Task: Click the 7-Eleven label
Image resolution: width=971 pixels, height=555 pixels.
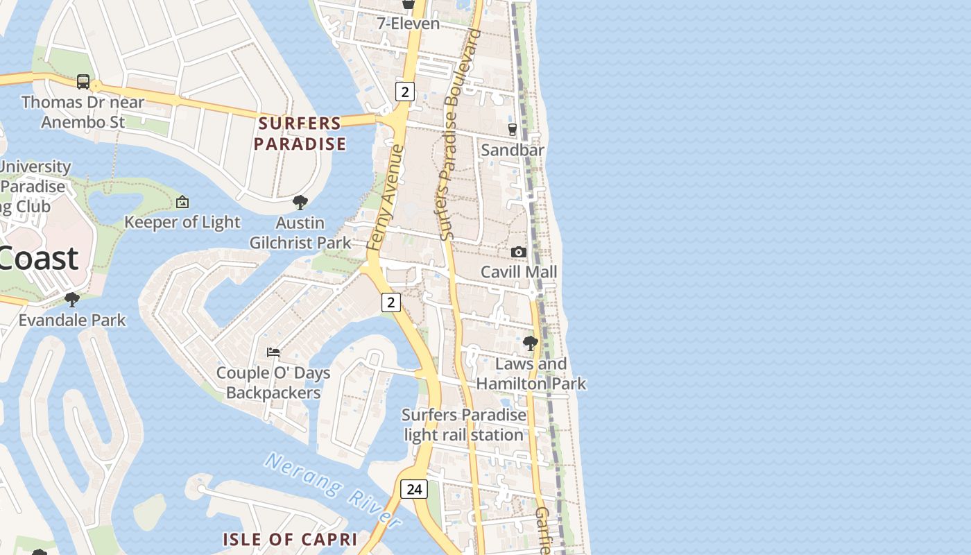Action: (x=408, y=24)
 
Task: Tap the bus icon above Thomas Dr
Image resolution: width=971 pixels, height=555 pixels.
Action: (x=83, y=82)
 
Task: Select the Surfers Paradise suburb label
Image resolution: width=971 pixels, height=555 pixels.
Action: (x=300, y=134)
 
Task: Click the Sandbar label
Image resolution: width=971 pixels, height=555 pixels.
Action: (x=513, y=150)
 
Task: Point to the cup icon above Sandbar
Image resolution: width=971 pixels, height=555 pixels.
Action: (x=513, y=129)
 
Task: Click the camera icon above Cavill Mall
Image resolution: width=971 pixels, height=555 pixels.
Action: (x=519, y=252)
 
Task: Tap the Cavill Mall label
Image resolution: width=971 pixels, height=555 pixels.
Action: (x=519, y=272)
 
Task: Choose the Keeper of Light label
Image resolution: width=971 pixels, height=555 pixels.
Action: (x=182, y=222)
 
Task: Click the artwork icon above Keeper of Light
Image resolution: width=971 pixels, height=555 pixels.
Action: (x=182, y=202)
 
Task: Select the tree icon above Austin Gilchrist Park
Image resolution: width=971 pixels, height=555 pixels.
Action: (x=300, y=203)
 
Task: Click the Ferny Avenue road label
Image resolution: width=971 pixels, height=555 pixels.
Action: (x=384, y=198)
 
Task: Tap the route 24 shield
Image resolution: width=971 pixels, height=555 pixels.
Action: (x=414, y=489)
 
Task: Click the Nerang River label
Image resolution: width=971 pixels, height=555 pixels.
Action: (x=333, y=490)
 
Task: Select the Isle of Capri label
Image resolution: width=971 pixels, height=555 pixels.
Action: (x=290, y=539)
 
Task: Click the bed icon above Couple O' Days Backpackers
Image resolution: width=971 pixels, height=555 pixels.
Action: (x=273, y=352)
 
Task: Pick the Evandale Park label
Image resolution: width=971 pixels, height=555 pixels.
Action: (x=72, y=320)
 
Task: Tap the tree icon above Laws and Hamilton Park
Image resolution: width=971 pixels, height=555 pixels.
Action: (x=531, y=343)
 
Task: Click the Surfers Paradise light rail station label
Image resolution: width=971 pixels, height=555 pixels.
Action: (x=464, y=425)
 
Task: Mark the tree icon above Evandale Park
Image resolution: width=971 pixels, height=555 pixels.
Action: (x=71, y=300)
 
